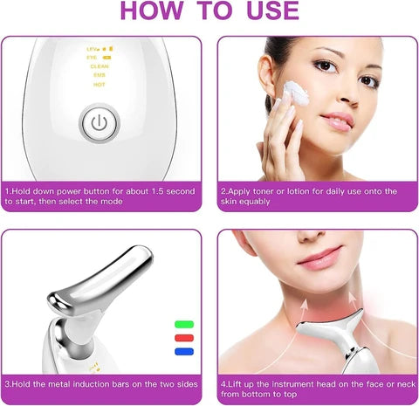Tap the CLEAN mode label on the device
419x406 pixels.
100,65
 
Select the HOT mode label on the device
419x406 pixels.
100,85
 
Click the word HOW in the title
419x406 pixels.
155,12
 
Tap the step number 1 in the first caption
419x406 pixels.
7,190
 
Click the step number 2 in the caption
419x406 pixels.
223,190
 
